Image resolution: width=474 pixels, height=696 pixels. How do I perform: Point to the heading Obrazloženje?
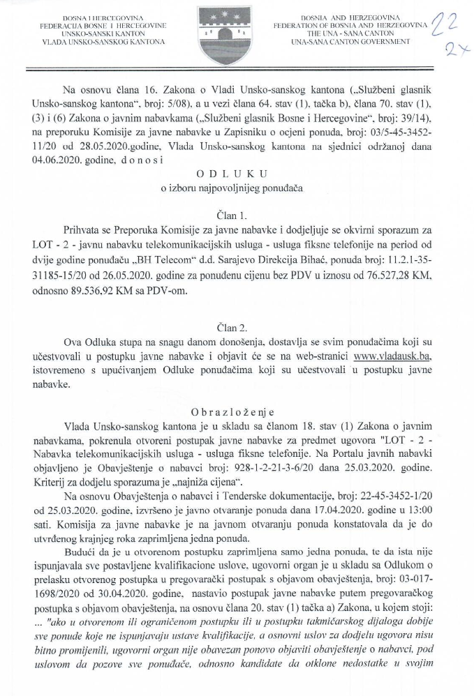tap(237, 410)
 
